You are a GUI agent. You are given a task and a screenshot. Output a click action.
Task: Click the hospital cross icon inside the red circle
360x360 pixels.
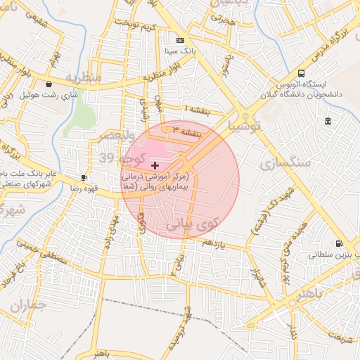click(x=155, y=165)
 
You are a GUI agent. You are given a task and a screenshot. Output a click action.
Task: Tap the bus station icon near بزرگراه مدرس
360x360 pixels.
click(x=302, y=73)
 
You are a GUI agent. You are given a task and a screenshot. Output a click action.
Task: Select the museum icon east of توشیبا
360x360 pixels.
click(x=328, y=122)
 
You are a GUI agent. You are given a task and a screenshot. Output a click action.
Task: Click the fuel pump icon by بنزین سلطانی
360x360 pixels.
click(x=340, y=244)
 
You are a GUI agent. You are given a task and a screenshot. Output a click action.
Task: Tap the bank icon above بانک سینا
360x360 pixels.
click(x=181, y=40)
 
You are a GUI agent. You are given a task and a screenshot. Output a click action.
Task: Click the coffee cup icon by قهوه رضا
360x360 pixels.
click(x=84, y=177)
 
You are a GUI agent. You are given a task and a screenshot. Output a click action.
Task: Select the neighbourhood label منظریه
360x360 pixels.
click(x=84, y=75)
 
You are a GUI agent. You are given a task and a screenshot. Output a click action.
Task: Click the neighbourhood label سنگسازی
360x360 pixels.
click(x=285, y=163)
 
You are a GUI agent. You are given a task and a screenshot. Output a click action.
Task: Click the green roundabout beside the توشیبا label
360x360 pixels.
click(x=245, y=117)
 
